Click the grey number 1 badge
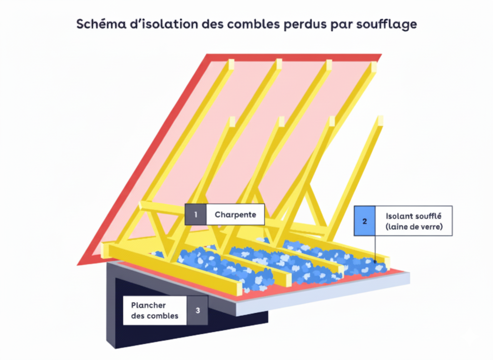click(x=195, y=215)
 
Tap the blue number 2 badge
click(x=364, y=221)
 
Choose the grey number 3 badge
click(x=197, y=310)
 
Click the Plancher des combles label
click(x=154, y=310)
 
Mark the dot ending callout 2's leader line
click(x=375, y=262)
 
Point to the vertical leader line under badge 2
click(x=375, y=248)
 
